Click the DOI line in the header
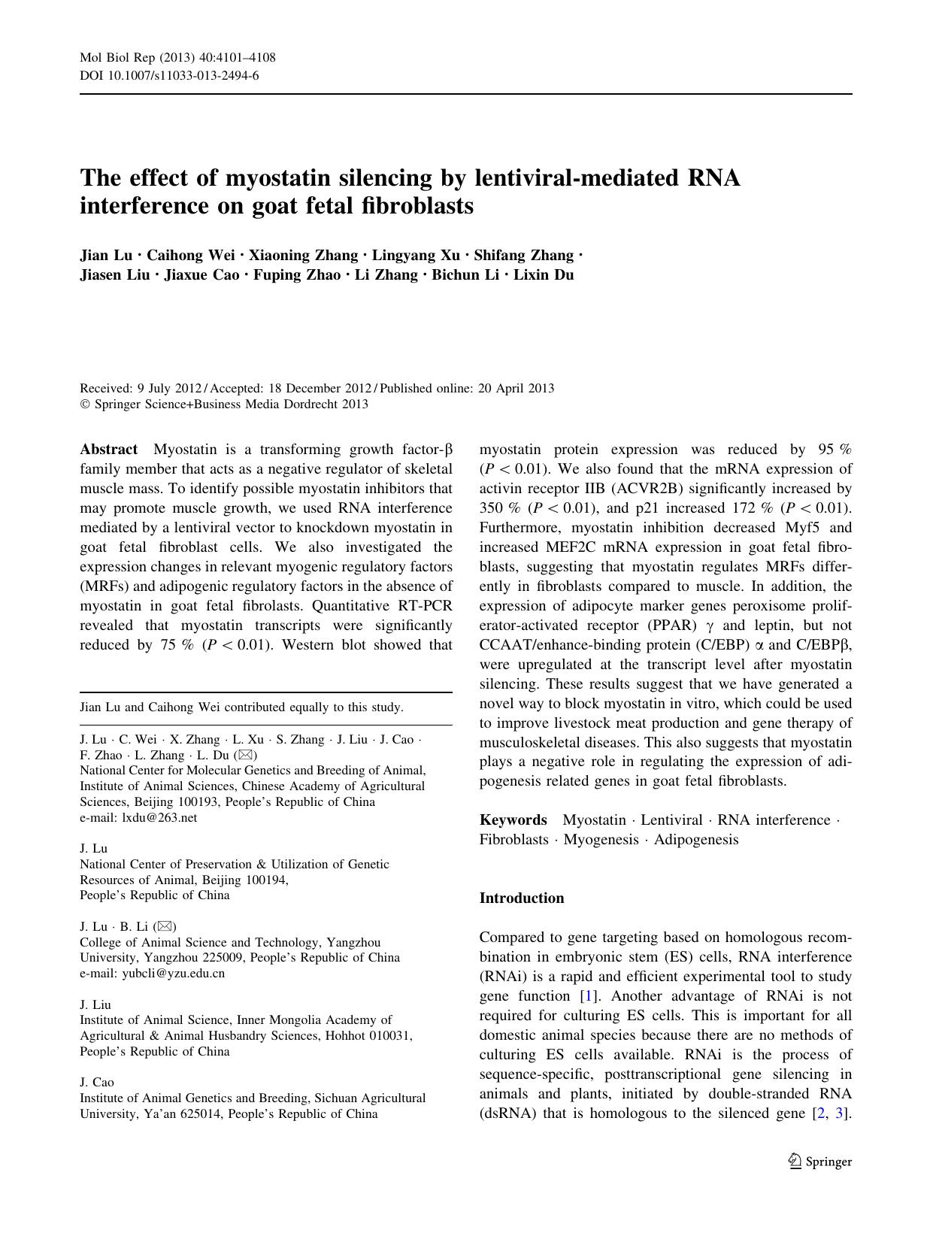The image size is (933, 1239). [169, 75]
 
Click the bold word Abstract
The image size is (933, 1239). [109, 450]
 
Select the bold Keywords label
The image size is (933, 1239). [513, 820]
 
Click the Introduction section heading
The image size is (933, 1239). [521, 898]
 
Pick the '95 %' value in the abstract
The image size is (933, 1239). [834, 450]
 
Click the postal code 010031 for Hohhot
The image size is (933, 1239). [391, 1035]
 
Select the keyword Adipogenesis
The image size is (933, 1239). [696, 840]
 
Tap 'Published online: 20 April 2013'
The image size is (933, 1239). [467, 388]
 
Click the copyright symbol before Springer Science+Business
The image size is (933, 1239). [84, 404]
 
